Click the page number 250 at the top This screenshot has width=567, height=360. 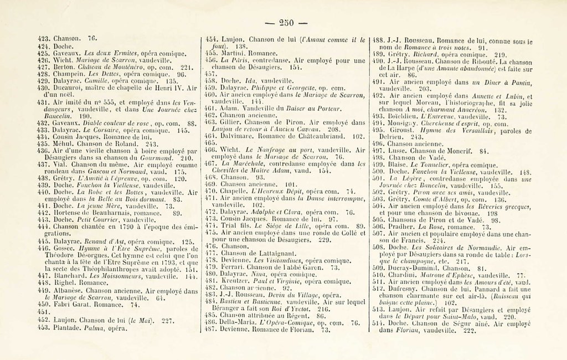pos(285,23)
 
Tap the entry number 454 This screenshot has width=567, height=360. pos(212,40)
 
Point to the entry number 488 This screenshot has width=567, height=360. pos(378,40)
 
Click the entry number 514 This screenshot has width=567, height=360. pos(379,323)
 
